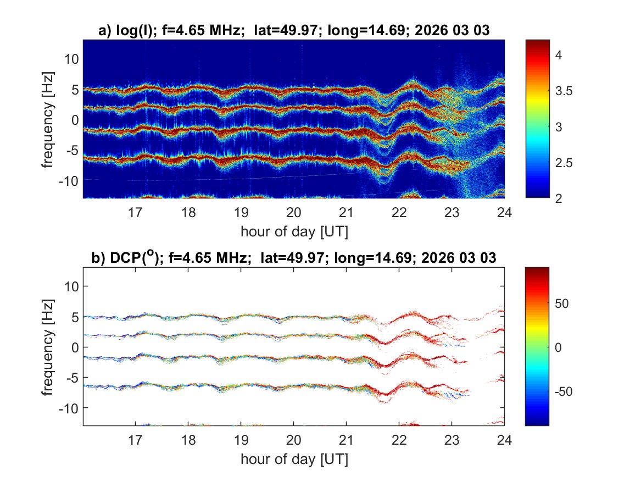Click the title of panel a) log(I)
tap(294, 31)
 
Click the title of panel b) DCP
tap(294, 257)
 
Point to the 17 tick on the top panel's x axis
tap(136, 212)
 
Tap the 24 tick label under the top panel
tap(504, 212)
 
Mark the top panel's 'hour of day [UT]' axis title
tap(294, 231)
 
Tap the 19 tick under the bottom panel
tap(241, 439)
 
